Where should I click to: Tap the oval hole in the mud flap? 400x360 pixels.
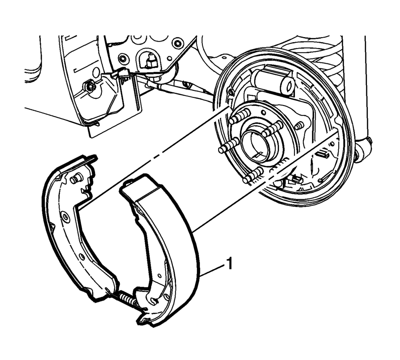tap(96, 72)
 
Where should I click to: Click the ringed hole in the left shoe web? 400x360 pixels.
tap(66, 217)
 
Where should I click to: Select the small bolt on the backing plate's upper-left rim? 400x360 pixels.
tap(231, 92)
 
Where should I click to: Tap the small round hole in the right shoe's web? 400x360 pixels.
tap(159, 276)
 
